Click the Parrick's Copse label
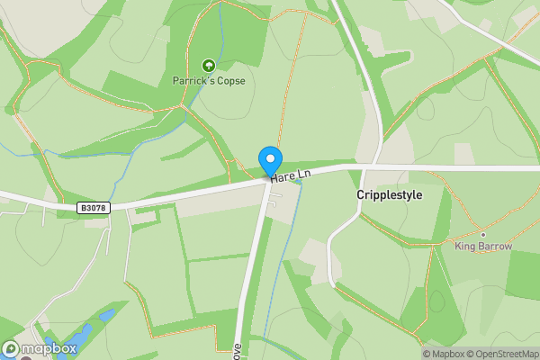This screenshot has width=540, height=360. tap(209, 80)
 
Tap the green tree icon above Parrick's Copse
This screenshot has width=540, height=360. tap(209, 65)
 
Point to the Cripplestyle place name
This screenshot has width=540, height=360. tap(389, 194)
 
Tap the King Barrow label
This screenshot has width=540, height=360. tap(483, 246)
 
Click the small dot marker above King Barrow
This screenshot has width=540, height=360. tap(483, 234)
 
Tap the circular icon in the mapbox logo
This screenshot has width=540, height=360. tap(11, 348)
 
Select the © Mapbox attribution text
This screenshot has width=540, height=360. tap(442, 354)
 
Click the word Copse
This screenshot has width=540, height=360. tap(229, 80)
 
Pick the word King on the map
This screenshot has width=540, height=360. tap(465, 246)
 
